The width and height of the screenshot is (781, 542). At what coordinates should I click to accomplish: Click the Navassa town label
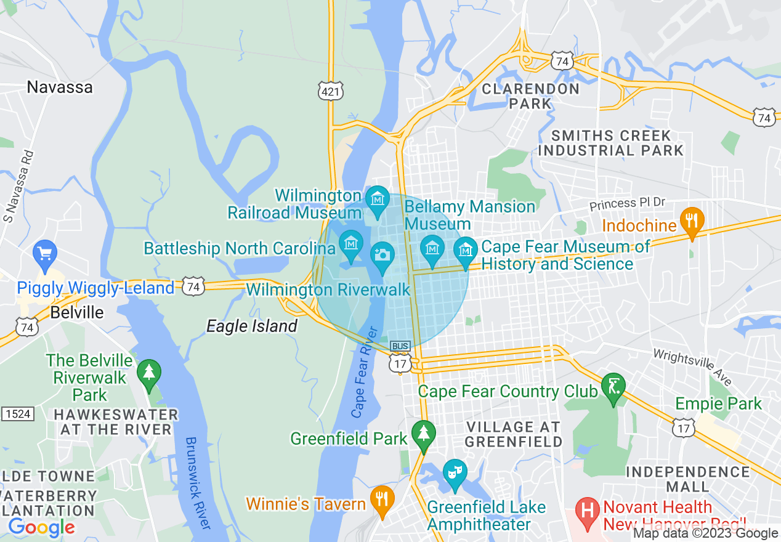point(60,87)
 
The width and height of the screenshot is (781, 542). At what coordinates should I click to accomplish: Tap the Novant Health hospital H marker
point(588,511)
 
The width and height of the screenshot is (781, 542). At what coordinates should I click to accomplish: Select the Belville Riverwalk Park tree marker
point(148,373)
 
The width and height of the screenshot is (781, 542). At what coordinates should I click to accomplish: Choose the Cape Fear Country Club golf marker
point(613,387)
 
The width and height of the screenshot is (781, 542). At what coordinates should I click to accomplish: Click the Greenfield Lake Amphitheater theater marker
point(455,474)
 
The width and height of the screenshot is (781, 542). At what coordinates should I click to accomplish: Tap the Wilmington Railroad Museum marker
point(377,200)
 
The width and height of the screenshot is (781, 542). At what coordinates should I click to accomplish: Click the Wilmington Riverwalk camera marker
point(382,256)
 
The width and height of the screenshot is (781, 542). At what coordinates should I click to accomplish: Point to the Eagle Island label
point(251,326)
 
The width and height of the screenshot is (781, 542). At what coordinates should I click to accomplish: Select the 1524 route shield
point(17,414)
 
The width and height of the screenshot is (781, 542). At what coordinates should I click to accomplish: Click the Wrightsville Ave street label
point(692,368)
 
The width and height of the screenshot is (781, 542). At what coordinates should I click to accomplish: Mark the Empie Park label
point(718,404)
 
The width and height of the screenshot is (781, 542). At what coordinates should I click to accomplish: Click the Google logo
point(41,527)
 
